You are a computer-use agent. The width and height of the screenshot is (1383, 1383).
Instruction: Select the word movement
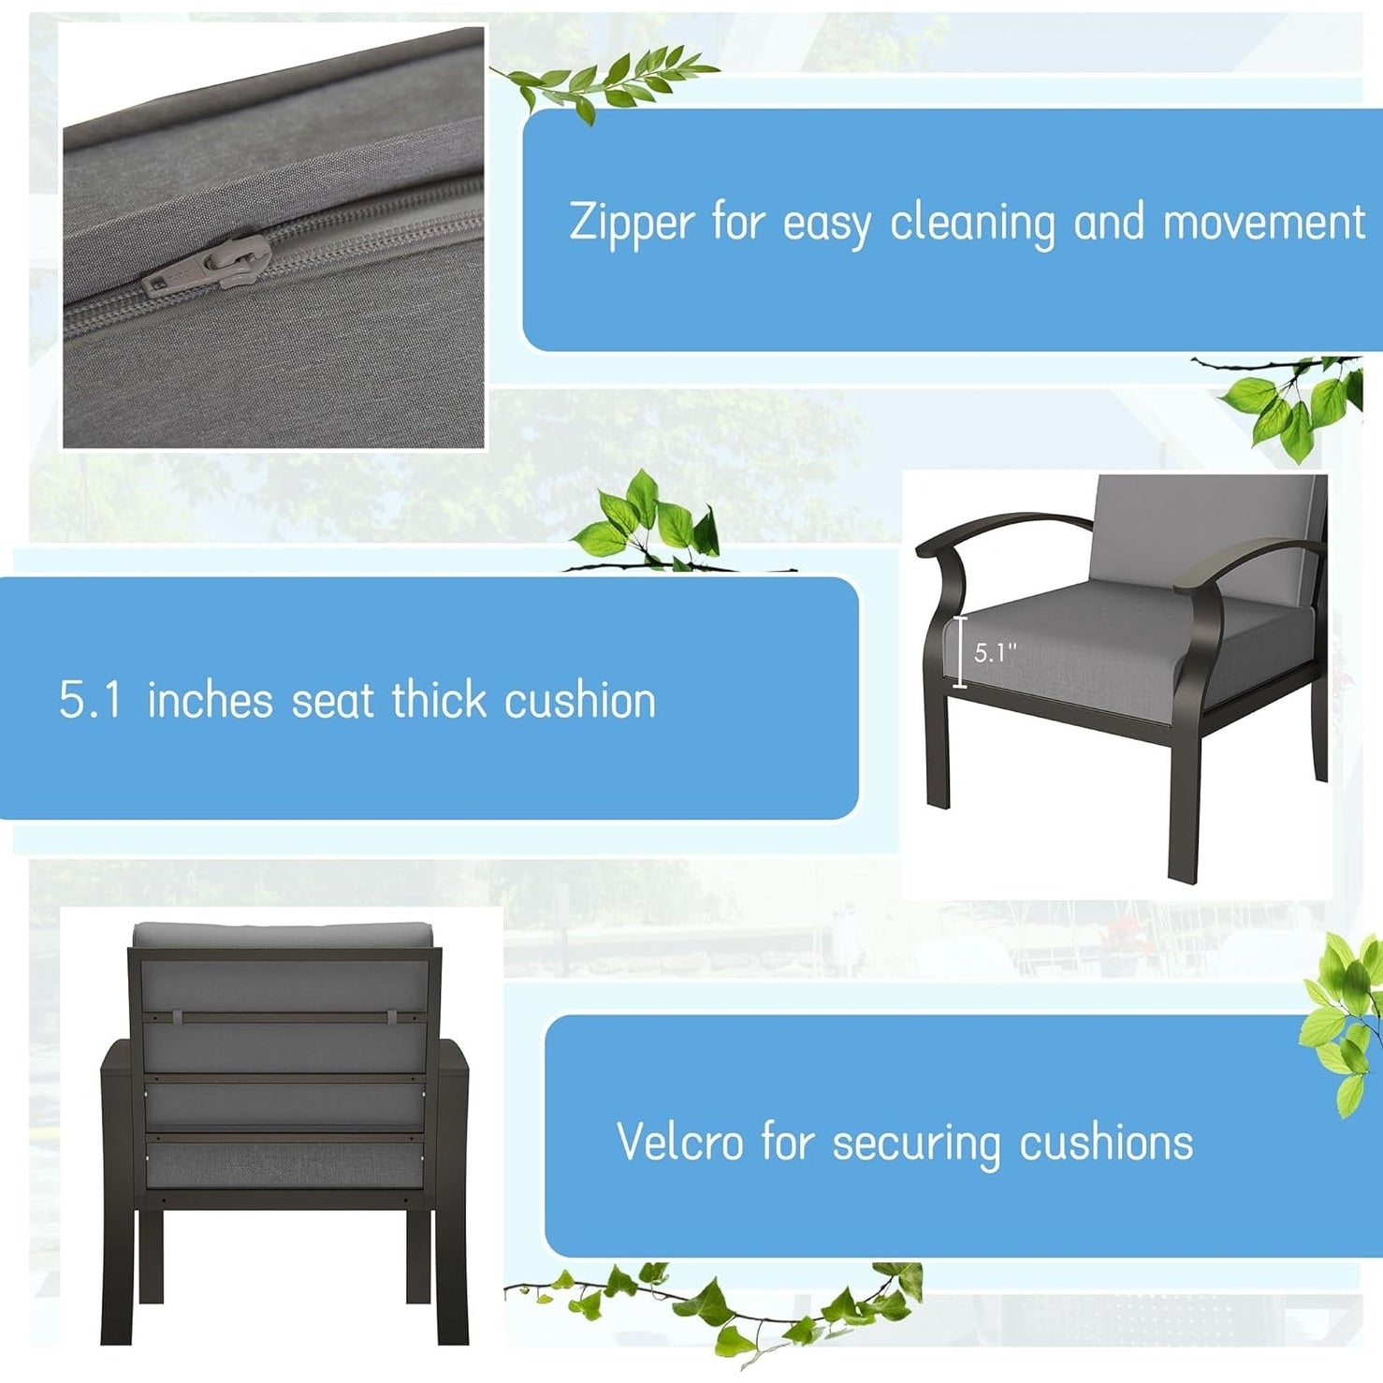pos(1263,224)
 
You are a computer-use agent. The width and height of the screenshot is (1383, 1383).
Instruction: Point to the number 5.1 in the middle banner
pos(91,700)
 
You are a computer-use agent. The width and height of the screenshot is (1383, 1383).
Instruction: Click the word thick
pos(439,699)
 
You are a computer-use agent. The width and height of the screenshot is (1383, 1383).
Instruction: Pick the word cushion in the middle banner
pos(580,700)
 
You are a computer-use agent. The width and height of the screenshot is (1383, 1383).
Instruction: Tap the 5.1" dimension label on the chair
pos(995,652)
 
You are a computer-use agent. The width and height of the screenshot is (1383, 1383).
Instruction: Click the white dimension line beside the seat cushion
pos(959,652)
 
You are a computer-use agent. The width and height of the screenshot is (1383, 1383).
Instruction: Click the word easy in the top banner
pos(826,226)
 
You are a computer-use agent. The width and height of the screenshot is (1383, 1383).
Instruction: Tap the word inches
pos(210,700)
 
